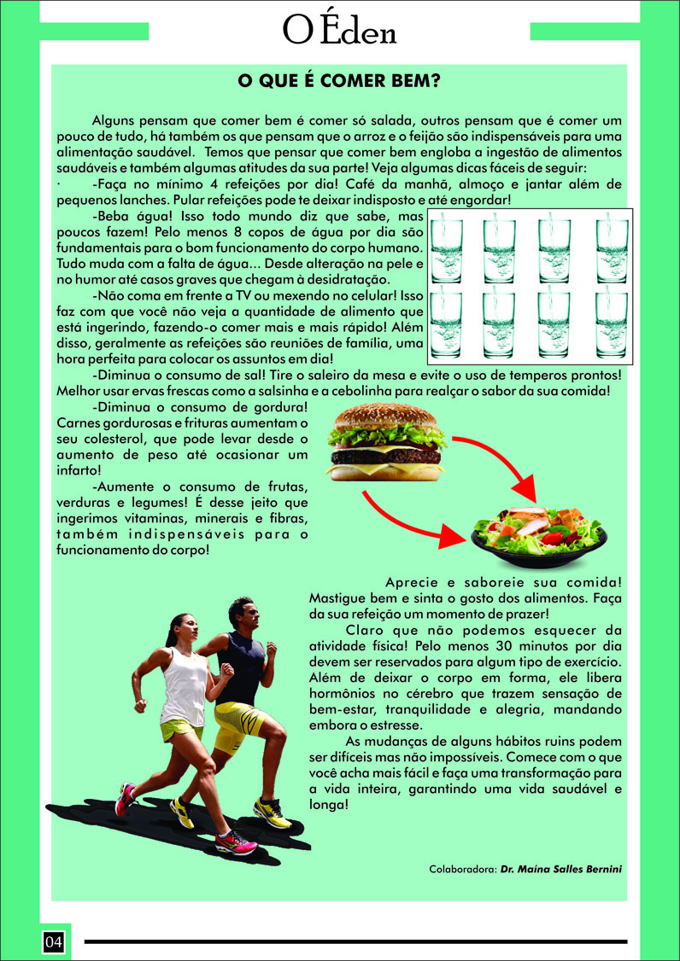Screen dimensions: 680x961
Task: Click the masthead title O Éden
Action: pos(339,30)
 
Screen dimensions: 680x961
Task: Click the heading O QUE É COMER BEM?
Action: pos(339,82)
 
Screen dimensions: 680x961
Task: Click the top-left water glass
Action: pos(447,251)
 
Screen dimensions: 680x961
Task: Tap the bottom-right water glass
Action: pos(612,325)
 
